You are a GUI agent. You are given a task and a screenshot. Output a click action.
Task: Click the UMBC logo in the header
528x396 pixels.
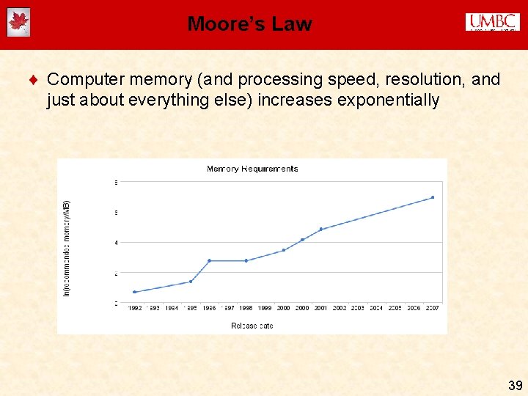tap(492, 23)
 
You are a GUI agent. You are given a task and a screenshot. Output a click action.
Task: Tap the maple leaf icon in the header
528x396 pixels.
tap(18, 23)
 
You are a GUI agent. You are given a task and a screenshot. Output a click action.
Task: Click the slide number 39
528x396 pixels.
tap(515, 385)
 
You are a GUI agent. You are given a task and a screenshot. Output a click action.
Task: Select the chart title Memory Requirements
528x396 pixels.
tap(252, 169)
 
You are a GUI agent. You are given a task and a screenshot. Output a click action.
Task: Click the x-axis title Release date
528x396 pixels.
tap(252, 326)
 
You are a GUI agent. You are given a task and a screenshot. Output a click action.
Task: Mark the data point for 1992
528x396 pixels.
tap(134, 292)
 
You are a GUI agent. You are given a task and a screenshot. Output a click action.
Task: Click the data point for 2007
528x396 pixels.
tap(433, 197)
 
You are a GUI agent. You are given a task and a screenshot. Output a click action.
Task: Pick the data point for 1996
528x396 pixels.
tap(209, 260)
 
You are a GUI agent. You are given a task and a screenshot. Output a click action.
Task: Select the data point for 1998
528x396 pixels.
tap(246, 260)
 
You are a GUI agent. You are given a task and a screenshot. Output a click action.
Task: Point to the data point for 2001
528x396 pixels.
tap(321, 229)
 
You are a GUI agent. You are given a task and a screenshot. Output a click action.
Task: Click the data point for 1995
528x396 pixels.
tap(191, 282)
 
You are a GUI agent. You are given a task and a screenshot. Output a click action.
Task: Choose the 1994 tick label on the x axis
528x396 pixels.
tap(172, 309)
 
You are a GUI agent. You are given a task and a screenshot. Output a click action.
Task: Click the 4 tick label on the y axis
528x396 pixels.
tap(114, 242)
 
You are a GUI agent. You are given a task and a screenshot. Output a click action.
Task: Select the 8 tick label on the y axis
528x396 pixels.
tap(114, 182)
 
